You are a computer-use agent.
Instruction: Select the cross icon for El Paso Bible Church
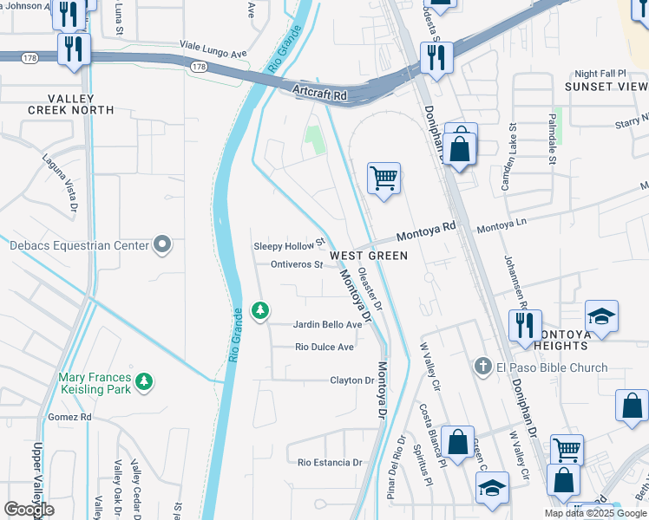coord(484,367)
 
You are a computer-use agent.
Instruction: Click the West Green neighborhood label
coord(368,256)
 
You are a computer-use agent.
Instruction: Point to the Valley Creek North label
coord(70,104)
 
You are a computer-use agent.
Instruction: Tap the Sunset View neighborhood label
coord(606,87)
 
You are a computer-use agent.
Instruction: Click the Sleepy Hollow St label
coord(288,246)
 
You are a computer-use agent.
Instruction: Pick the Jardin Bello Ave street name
coord(328,324)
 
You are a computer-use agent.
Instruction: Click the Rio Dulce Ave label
coord(324,347)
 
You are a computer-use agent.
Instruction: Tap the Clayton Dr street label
coord(351,380)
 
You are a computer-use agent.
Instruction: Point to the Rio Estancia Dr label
coord(330,463)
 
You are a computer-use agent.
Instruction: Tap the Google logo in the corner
coord(29,510)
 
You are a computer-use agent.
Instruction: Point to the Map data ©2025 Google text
coord(594,513)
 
